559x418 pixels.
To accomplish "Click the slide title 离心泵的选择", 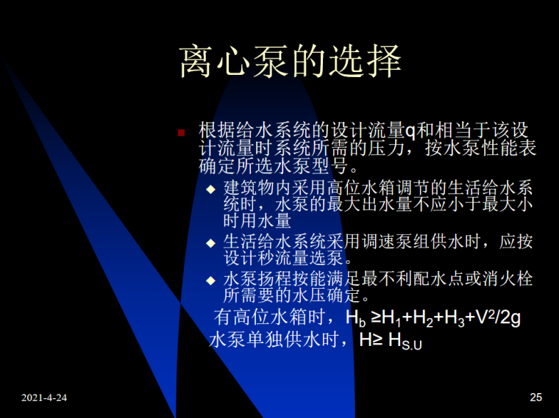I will click(291, 62).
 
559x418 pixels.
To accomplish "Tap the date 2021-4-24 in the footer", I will click(44, 397).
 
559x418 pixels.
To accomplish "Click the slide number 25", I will click(535, 397).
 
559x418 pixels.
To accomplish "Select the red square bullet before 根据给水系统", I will click(182, 133).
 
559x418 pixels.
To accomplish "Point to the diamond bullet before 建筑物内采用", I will click(211, 188).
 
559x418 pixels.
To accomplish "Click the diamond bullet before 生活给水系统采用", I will click(211, 243).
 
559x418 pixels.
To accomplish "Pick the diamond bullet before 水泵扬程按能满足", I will click(211, 281).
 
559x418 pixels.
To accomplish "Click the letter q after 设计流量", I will click(411, 131).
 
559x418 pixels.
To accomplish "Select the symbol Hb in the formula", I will click(356, 320).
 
